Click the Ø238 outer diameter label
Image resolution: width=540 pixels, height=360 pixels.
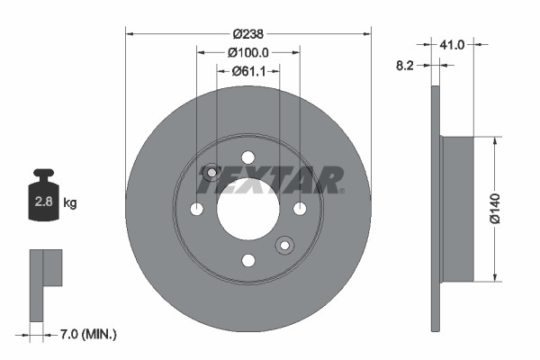[247, 21]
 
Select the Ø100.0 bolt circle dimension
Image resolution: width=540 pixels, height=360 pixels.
[248, 53]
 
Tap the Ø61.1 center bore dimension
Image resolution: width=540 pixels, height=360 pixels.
[248, 71]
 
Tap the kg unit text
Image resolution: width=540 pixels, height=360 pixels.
[70, 203]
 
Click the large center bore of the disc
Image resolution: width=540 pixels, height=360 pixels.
[248, 208]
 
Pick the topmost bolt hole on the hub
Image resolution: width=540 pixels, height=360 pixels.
[248, 157]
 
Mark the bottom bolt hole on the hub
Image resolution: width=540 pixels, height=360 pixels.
[248, 260]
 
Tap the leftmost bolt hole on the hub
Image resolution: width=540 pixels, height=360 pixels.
[196, 209]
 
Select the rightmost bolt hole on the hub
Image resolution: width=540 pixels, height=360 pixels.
[300, 209]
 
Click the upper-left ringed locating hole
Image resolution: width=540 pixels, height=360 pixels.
[211, 172]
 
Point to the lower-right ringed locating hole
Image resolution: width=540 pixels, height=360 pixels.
[284, 245]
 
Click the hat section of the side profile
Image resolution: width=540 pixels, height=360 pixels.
[456, 209]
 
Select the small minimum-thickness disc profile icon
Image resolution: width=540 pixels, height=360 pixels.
[44, 283]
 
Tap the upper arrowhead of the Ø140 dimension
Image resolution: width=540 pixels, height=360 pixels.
[494, 140]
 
